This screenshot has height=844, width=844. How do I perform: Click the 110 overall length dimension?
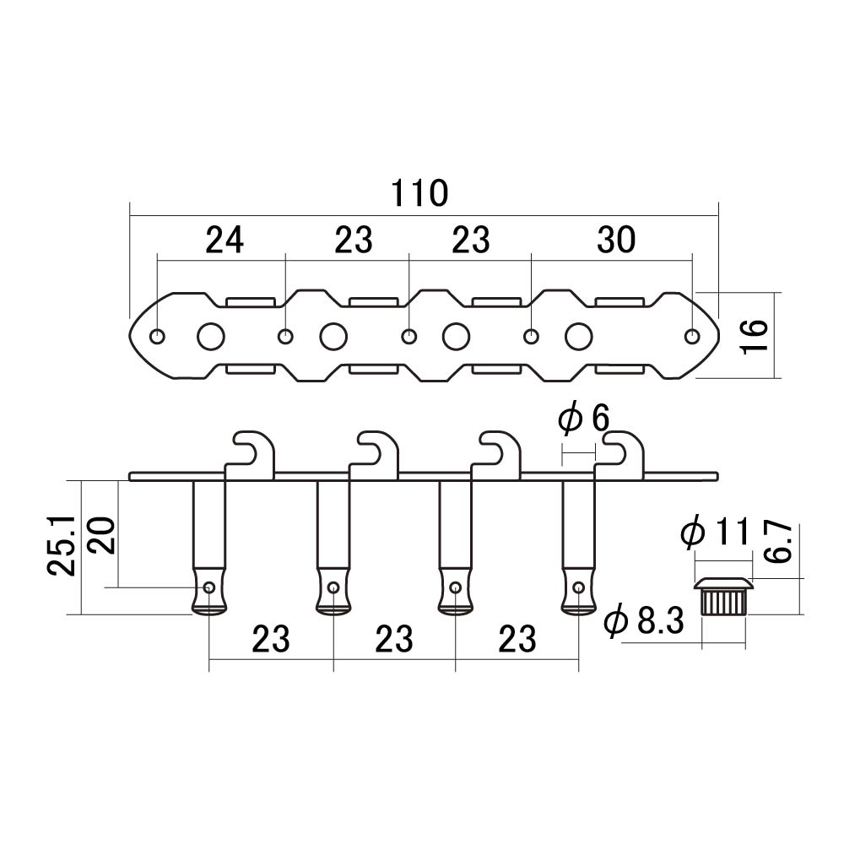(x=419, y=193)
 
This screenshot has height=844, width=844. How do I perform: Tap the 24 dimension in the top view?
(x=225, y=240)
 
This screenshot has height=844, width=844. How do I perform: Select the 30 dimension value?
(x=616, y=240)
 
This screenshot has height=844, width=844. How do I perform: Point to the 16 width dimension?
(x=755, y=336)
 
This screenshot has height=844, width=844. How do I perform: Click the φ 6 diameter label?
(x=583, y=419)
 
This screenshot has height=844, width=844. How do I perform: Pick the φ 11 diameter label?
(x=716, y=532)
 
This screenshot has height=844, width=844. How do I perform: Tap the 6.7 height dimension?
(x=778, y=542)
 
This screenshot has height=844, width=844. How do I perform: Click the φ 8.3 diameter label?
(x=644, y=621)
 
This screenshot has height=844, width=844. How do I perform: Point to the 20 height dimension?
(x=101, y=536)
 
